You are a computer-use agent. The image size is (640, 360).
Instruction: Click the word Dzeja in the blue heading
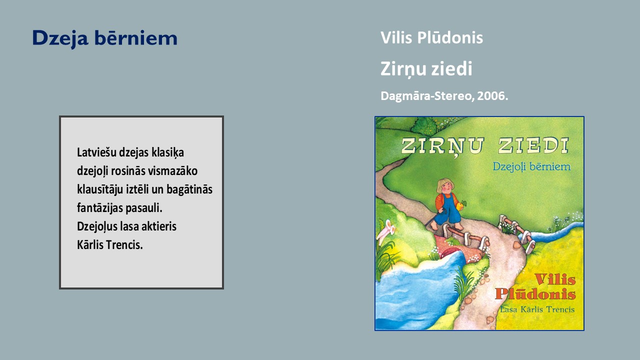[x=60, y=38]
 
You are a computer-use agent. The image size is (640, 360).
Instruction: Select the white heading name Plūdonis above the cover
[x=450, y=37]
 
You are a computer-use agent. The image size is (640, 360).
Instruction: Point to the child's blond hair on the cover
[x=444, y=185]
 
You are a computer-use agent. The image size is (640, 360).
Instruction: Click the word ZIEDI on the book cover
[x=533, y=145]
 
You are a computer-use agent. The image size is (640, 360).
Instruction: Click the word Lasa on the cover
[x=508, y=309]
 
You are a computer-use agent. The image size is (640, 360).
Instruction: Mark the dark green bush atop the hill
[x=425, y=125]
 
